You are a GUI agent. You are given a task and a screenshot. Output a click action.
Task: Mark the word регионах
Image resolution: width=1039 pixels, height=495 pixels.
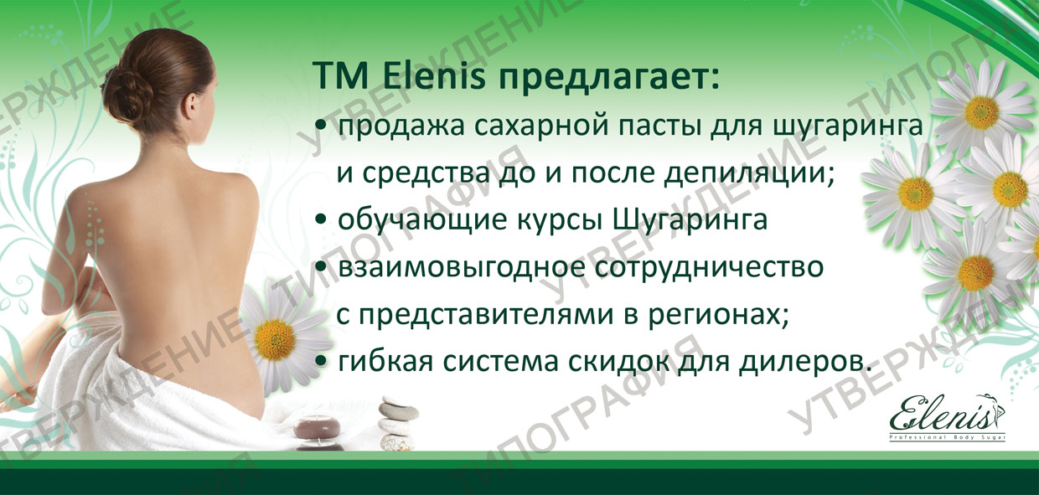click(731, 316)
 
